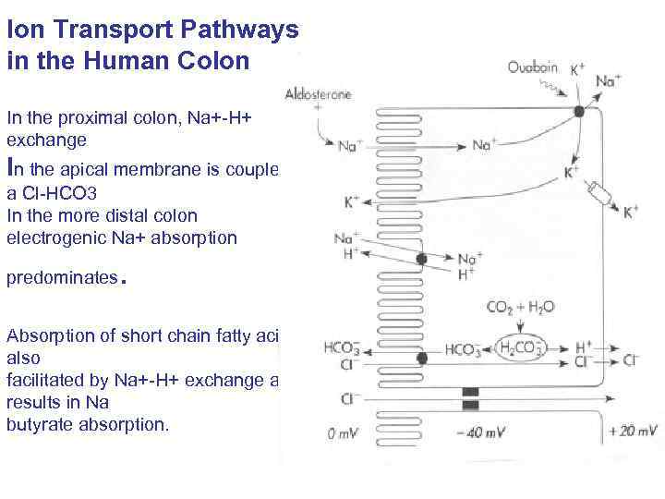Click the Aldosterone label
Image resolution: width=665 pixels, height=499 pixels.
point(319,94)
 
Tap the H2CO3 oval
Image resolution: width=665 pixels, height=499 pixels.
point(521,347)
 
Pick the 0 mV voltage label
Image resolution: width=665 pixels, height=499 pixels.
point(345,432)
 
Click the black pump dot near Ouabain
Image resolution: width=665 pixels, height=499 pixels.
point(579,111)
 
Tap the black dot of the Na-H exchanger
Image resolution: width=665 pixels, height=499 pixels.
point(421,260)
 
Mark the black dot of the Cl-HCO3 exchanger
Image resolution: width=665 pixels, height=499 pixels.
point(421,358)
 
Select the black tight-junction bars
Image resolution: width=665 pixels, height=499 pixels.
point(470,398)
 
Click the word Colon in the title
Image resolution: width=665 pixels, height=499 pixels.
point(213,62)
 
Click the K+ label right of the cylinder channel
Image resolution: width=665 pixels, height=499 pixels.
point(630,212)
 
